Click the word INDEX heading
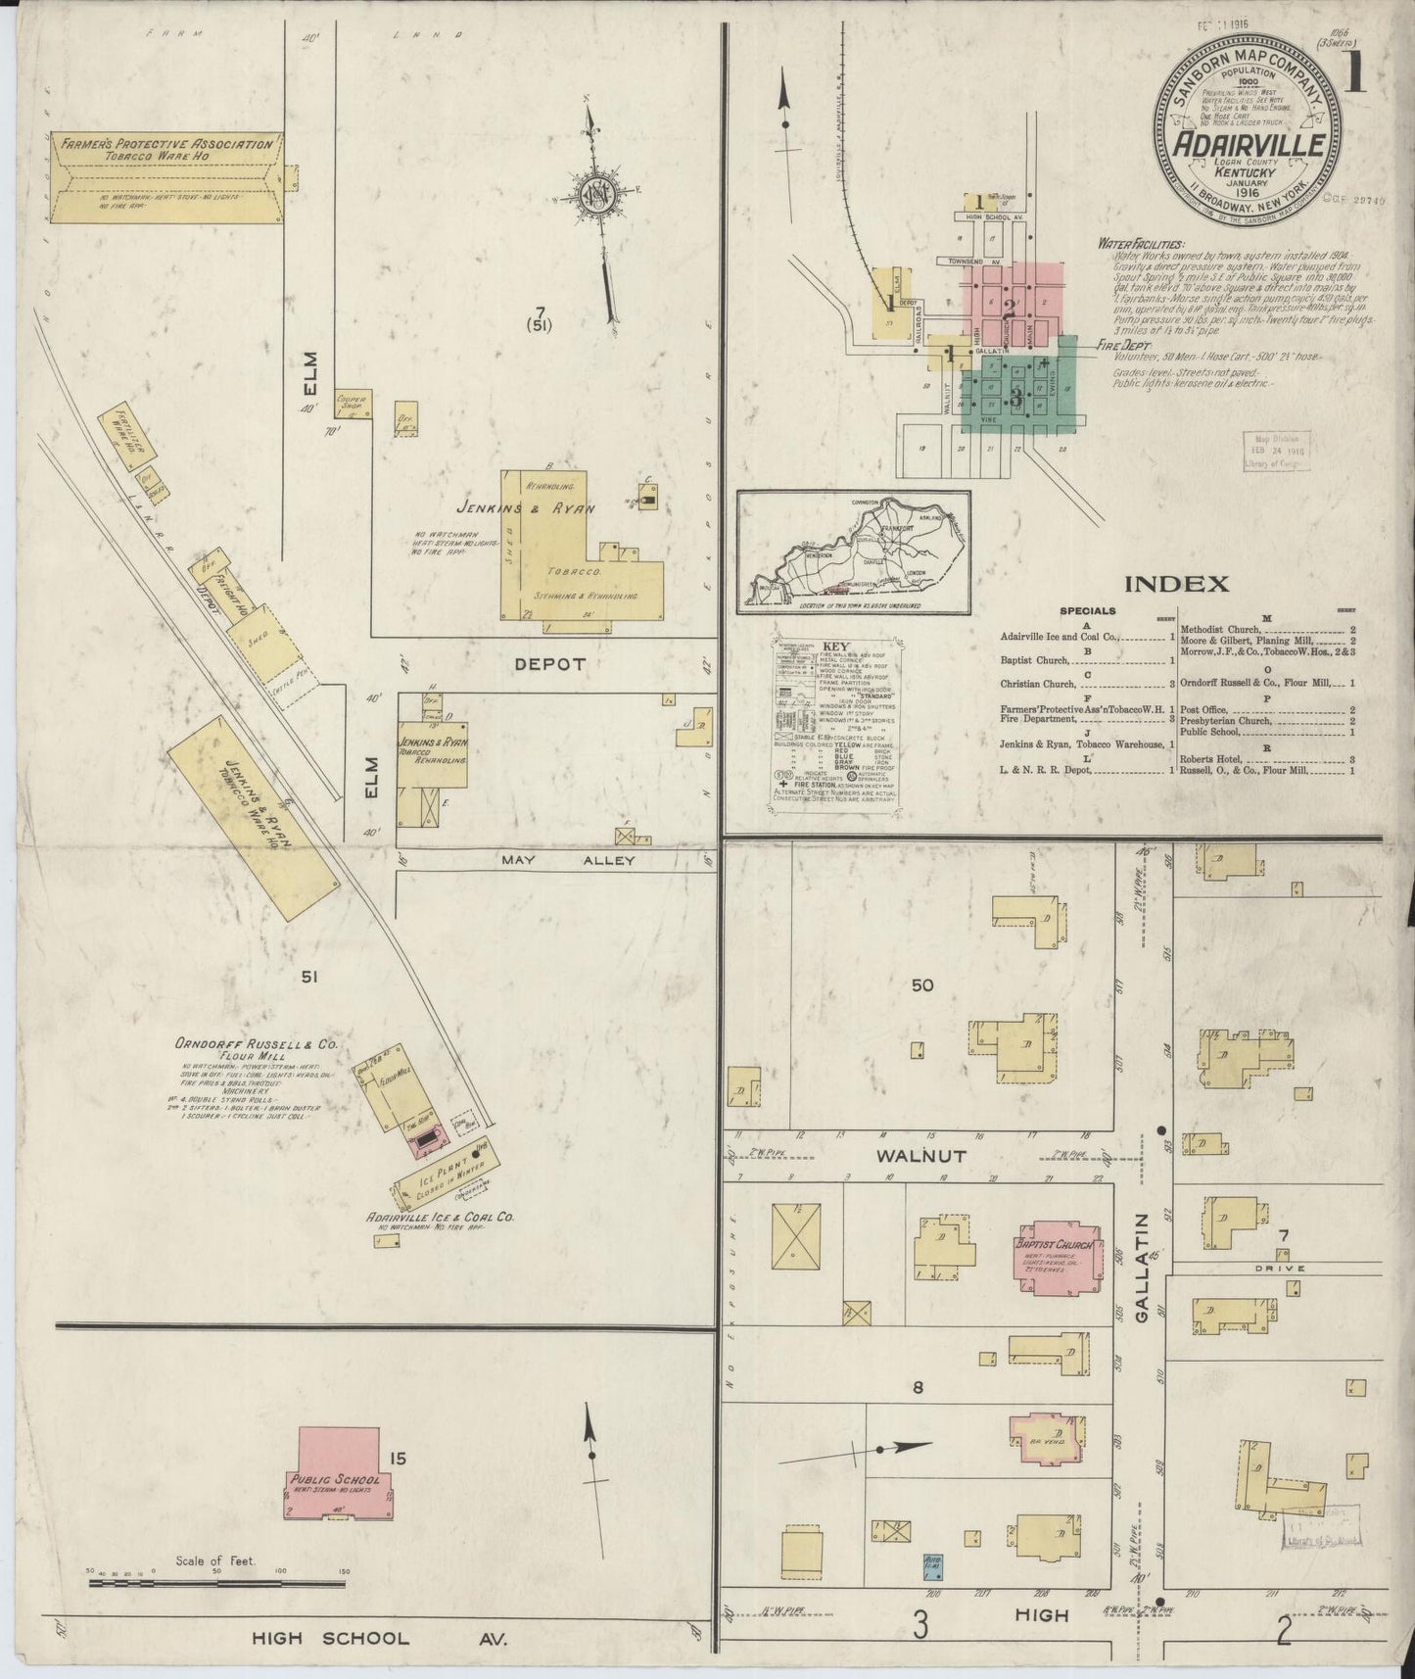point(1175,585)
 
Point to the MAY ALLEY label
point(568,860)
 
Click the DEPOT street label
point(549,664)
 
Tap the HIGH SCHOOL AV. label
point(380,1638)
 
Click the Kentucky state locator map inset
point(853,553)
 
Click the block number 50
point(922,985)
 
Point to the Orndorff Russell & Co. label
point(257,1045)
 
